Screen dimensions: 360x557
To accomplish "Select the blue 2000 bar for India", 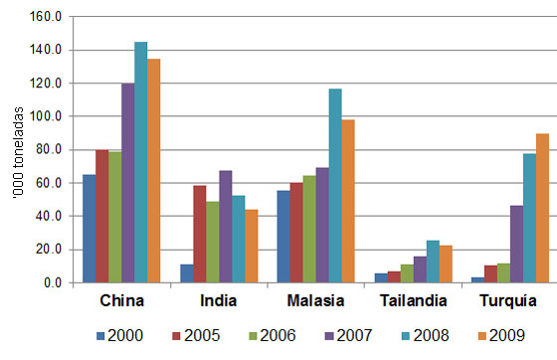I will [186, 273].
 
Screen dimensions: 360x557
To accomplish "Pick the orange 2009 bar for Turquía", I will [542, 209].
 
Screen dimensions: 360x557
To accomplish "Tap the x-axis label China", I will [120, 300].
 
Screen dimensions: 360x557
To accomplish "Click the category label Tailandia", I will [413, 300].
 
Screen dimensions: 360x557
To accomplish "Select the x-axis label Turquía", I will [509, 300].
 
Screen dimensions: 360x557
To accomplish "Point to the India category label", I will [218, 300].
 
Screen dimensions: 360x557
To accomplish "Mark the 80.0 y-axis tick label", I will [51, 150].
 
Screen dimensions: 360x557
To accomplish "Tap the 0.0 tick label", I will [55, 283].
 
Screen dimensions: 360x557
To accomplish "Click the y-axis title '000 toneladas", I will [13, 149].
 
